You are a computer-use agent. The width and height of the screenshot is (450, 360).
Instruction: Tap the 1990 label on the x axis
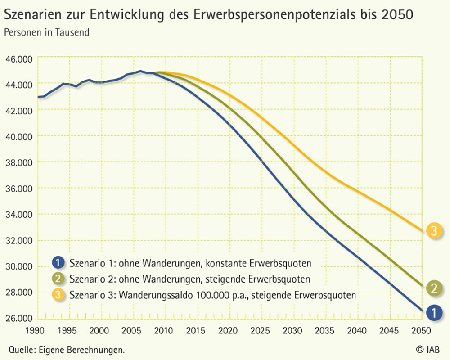click(38, 329)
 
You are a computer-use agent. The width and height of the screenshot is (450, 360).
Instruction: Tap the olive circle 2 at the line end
click(434, 288)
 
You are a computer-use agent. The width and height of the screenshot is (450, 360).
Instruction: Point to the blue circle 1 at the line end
click(434, 312)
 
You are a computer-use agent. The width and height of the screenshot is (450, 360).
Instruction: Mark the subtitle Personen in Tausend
click(47, 32)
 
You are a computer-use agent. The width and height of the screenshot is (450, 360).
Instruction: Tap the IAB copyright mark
click(427, 349)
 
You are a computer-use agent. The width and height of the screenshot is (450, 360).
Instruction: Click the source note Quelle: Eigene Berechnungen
click(66, 349)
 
